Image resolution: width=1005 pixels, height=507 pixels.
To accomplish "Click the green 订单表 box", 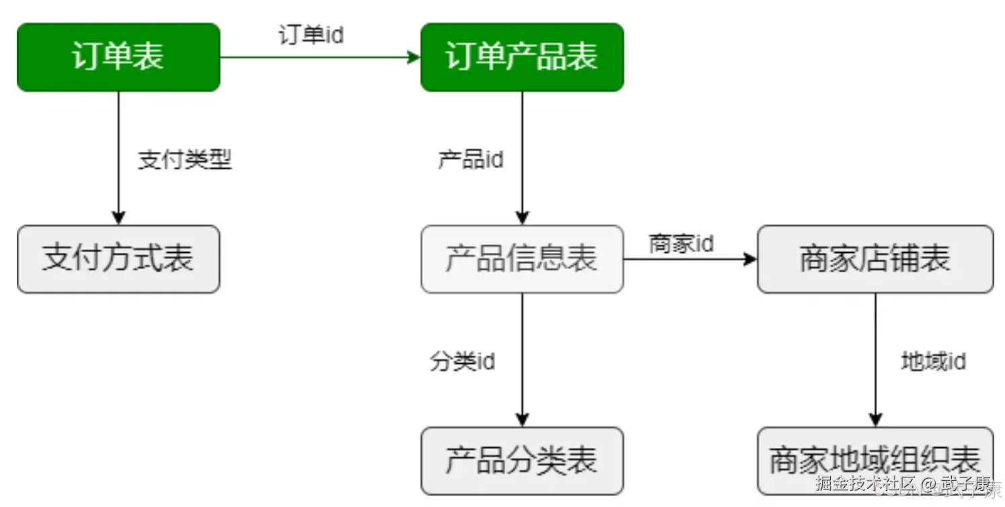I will [118, 57].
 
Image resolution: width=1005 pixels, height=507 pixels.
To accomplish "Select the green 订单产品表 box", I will [522, 57].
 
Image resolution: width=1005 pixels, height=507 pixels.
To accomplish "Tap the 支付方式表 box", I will [118, 259].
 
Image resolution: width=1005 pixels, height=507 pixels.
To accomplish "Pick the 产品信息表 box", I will [522, 259].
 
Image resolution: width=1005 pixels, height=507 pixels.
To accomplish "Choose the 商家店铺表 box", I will [875, 259].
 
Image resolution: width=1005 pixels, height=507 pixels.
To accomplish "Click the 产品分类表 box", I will [522, 461].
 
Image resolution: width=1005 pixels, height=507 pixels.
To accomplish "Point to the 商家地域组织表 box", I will [875, 461].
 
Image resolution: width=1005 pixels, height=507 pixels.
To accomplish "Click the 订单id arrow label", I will [311, 36].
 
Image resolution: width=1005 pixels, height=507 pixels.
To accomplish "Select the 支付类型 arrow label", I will [185, 160].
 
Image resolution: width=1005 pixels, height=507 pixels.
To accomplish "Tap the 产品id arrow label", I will [471, 160].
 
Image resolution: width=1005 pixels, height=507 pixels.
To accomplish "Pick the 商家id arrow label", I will [681, 243].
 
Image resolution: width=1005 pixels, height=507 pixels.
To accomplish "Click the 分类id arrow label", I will [463, 362].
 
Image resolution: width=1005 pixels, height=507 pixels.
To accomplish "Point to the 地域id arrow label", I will [934, 362].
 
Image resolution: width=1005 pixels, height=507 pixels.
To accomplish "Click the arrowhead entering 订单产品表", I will [414, 57].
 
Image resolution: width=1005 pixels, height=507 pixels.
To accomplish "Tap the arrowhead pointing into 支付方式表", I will [118, 219].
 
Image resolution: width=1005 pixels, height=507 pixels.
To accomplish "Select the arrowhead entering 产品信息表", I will [522, 219].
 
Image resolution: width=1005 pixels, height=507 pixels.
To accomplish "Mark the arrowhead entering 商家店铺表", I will [751, 259].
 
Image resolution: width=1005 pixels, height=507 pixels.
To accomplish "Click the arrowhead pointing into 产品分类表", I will [522, 420].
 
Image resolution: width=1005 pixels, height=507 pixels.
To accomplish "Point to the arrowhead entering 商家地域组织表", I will [875, 420].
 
